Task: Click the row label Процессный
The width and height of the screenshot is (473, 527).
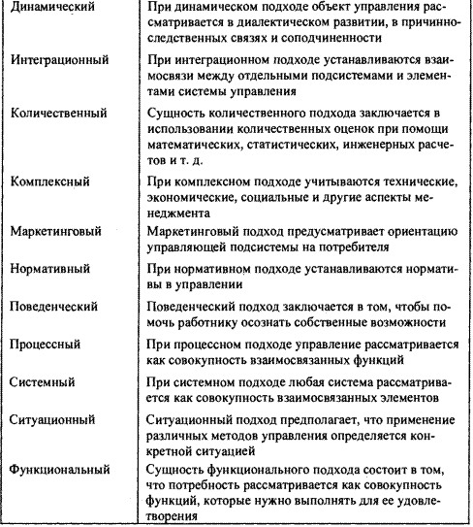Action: point(49,344)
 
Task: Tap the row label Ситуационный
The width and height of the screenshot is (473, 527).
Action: point(54,419)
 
